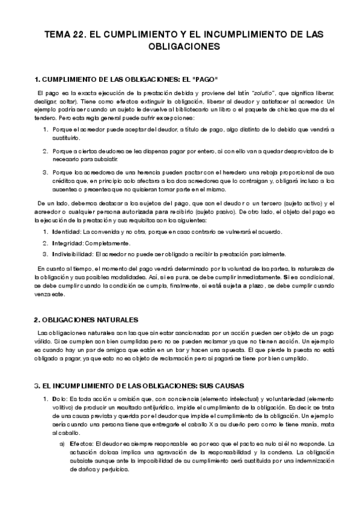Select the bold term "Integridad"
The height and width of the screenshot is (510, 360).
tap(67, 243)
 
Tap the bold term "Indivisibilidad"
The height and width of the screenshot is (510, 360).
tap(72, 253)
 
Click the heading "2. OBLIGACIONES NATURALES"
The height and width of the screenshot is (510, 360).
tap(87, 319)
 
